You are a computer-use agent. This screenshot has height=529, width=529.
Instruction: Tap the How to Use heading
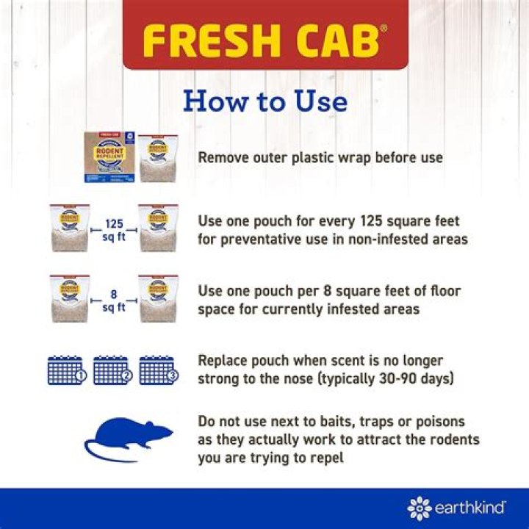[x=264, y=101]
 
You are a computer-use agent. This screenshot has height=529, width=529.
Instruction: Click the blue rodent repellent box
[x=108, y=157]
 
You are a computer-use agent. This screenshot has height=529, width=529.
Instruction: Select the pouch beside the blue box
[x=157, y=157]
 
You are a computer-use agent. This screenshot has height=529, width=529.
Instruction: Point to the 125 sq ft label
[x=113, y=228]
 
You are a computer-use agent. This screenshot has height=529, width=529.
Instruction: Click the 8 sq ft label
[x=113, y=301]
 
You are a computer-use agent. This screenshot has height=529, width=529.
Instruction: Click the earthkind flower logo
[x=420, y=508]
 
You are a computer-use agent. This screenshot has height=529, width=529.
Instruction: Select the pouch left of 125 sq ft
[x=70, y=228]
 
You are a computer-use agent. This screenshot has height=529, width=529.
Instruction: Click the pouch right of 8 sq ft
[x=157, y=300]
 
